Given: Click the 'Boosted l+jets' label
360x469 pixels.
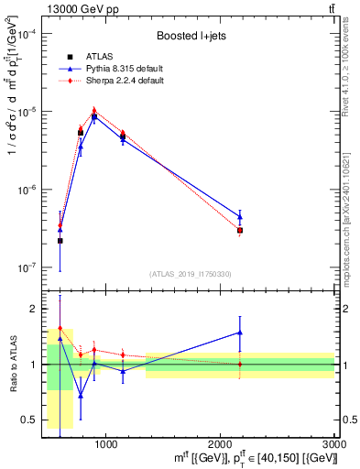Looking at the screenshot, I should tap(189, 36).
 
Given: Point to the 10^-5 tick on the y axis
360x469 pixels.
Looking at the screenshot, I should tap(27, 112).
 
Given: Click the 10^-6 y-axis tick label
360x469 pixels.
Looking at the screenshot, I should tap(27, 191).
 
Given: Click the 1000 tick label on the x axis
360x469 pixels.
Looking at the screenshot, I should tap(105, 444).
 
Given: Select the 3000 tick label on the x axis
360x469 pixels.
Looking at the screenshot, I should tap(334, 444).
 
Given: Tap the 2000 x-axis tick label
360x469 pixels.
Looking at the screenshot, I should tap(220, 444).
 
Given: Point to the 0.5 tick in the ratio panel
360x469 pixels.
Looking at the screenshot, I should tap(27, 420).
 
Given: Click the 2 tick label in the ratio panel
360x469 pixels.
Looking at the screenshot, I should tap(32, 309).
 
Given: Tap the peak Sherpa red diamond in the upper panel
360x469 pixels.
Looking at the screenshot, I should tap(93, 110).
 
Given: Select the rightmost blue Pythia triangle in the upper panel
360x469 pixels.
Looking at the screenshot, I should tap(240, 217).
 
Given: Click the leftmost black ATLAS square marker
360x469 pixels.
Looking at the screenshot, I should tap(60, 241).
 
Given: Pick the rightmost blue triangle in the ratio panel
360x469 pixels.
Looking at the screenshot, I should tap(240, 333).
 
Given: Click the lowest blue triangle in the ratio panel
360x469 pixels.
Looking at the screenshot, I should tap(80, 396).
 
